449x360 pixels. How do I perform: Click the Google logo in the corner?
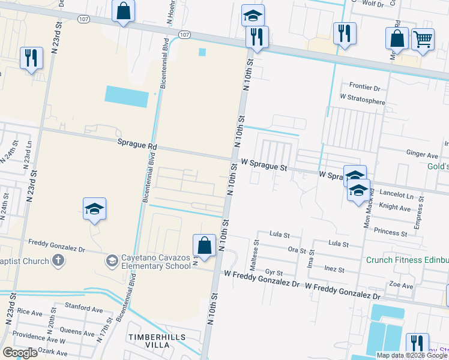[x=20, y=353]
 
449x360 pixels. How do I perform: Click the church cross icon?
[x=58, y=260]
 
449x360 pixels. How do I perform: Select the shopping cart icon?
[x=423, y=39]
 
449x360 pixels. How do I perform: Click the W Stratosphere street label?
[x=362, y=99]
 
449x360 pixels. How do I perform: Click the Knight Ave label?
[x=394, y=208]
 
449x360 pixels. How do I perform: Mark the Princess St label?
[x=390, y=232]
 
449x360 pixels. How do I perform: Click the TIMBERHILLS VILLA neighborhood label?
[x=156, y=342]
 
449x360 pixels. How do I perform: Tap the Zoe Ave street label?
[x=402, y=286]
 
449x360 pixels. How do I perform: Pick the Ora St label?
[x=297, y=250]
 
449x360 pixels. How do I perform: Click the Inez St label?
[x=334, y=270]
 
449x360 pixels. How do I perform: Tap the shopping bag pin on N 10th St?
[x=204, y=245]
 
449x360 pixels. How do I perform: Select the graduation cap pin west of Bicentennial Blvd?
[x=94, y=209]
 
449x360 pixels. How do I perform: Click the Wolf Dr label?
[x=373, y=4]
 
